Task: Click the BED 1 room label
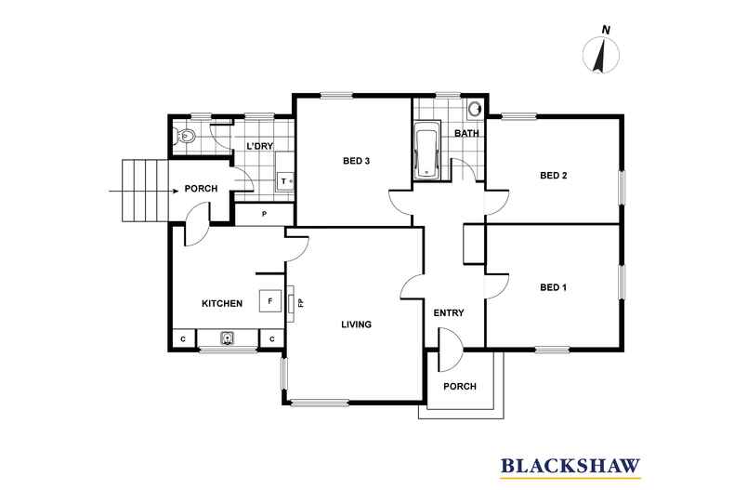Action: point(553,287)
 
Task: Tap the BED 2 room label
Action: point(553,175)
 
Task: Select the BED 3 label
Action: point(357,161)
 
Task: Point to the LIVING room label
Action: point(356,324)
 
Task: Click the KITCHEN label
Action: point(222,303)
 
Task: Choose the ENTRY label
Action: point(449,312)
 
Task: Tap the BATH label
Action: point(466,134)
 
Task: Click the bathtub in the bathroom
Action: point(426,152)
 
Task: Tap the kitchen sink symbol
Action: point(228,338)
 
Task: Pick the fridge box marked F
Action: point(270,300)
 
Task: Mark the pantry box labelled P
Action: point(264,215)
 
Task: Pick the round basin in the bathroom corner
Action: point(476,107)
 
